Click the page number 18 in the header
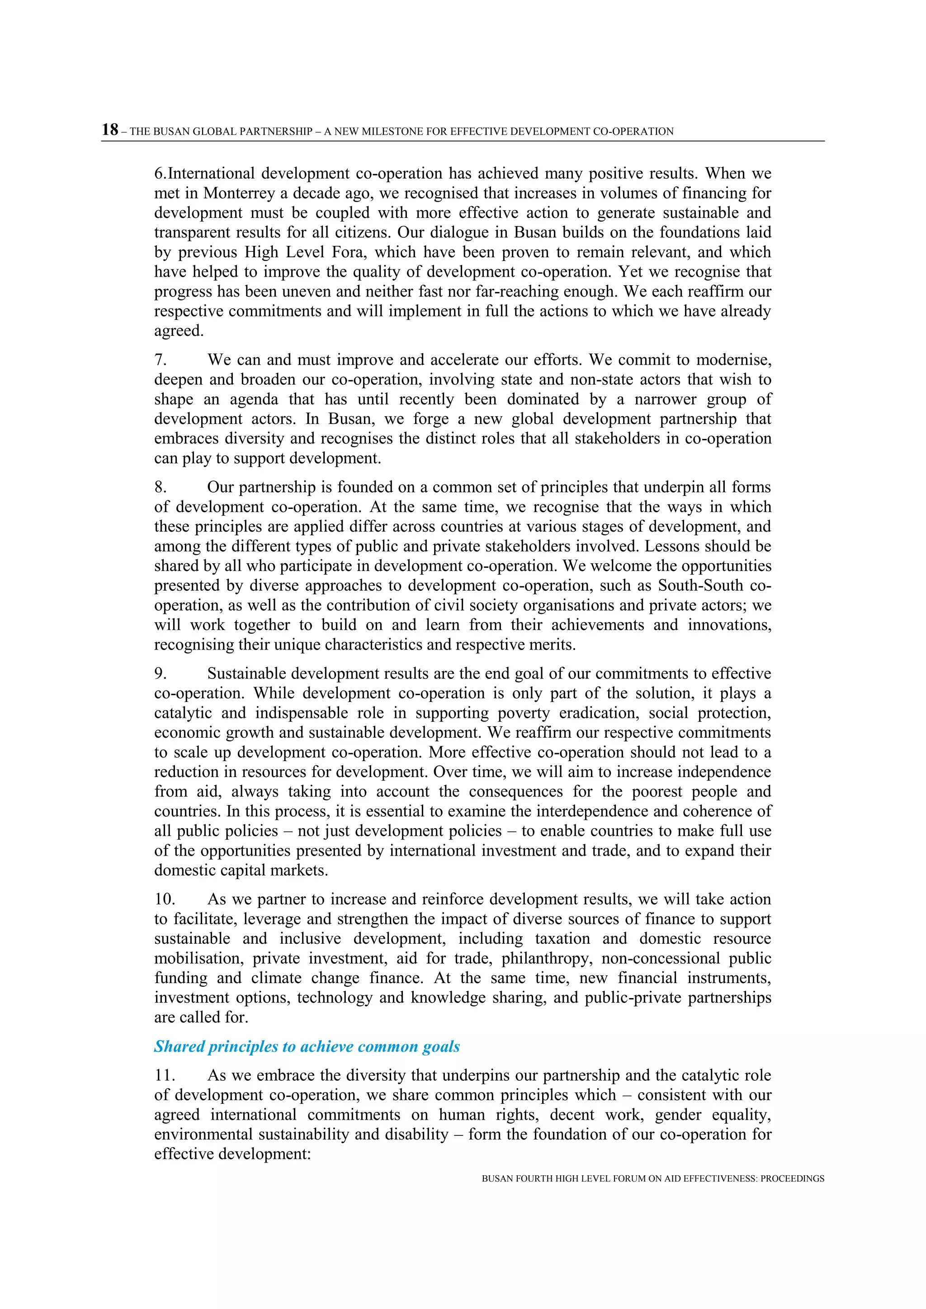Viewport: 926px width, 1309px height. [x=110, y=130]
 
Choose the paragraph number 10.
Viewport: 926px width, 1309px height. [x=164, y=899]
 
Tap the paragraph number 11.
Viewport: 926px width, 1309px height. [x=164, y=1075]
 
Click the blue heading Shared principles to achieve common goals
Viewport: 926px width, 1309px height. [x=307, y=1046]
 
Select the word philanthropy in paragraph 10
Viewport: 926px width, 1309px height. [x=546, y=958]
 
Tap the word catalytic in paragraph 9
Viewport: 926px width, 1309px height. [x=183, y=713]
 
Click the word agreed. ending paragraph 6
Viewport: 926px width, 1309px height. [x=179, y=331]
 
